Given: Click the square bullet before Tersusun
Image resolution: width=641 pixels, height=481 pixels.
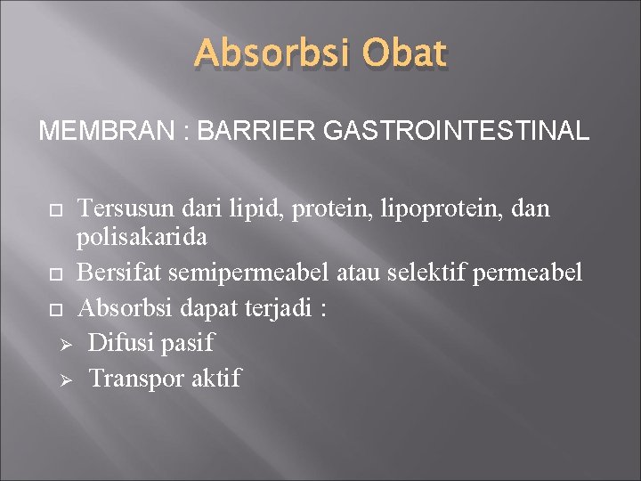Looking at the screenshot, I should pyautogui.click(x=56, y=210).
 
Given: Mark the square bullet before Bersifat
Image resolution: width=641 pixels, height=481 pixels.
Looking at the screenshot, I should pyautogui.click(x=56, y=273).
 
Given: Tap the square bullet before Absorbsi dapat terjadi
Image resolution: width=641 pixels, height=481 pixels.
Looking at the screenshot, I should pyautogui.click(x=56, y=310).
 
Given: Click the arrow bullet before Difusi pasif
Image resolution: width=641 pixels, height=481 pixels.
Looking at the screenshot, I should pyautogui.click(x=65, y=344).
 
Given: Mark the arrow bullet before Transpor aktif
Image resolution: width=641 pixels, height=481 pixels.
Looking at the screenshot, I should pyautogui.click(x=65, y=380).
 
